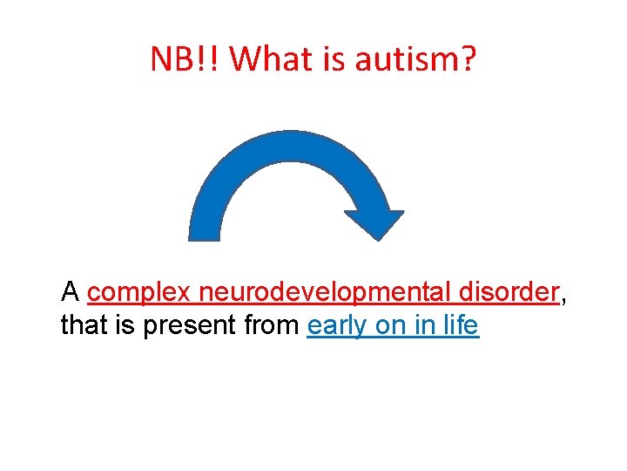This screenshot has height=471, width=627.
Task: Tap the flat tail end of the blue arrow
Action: click(205, 234)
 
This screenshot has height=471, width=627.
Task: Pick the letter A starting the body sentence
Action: click(71, 291)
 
